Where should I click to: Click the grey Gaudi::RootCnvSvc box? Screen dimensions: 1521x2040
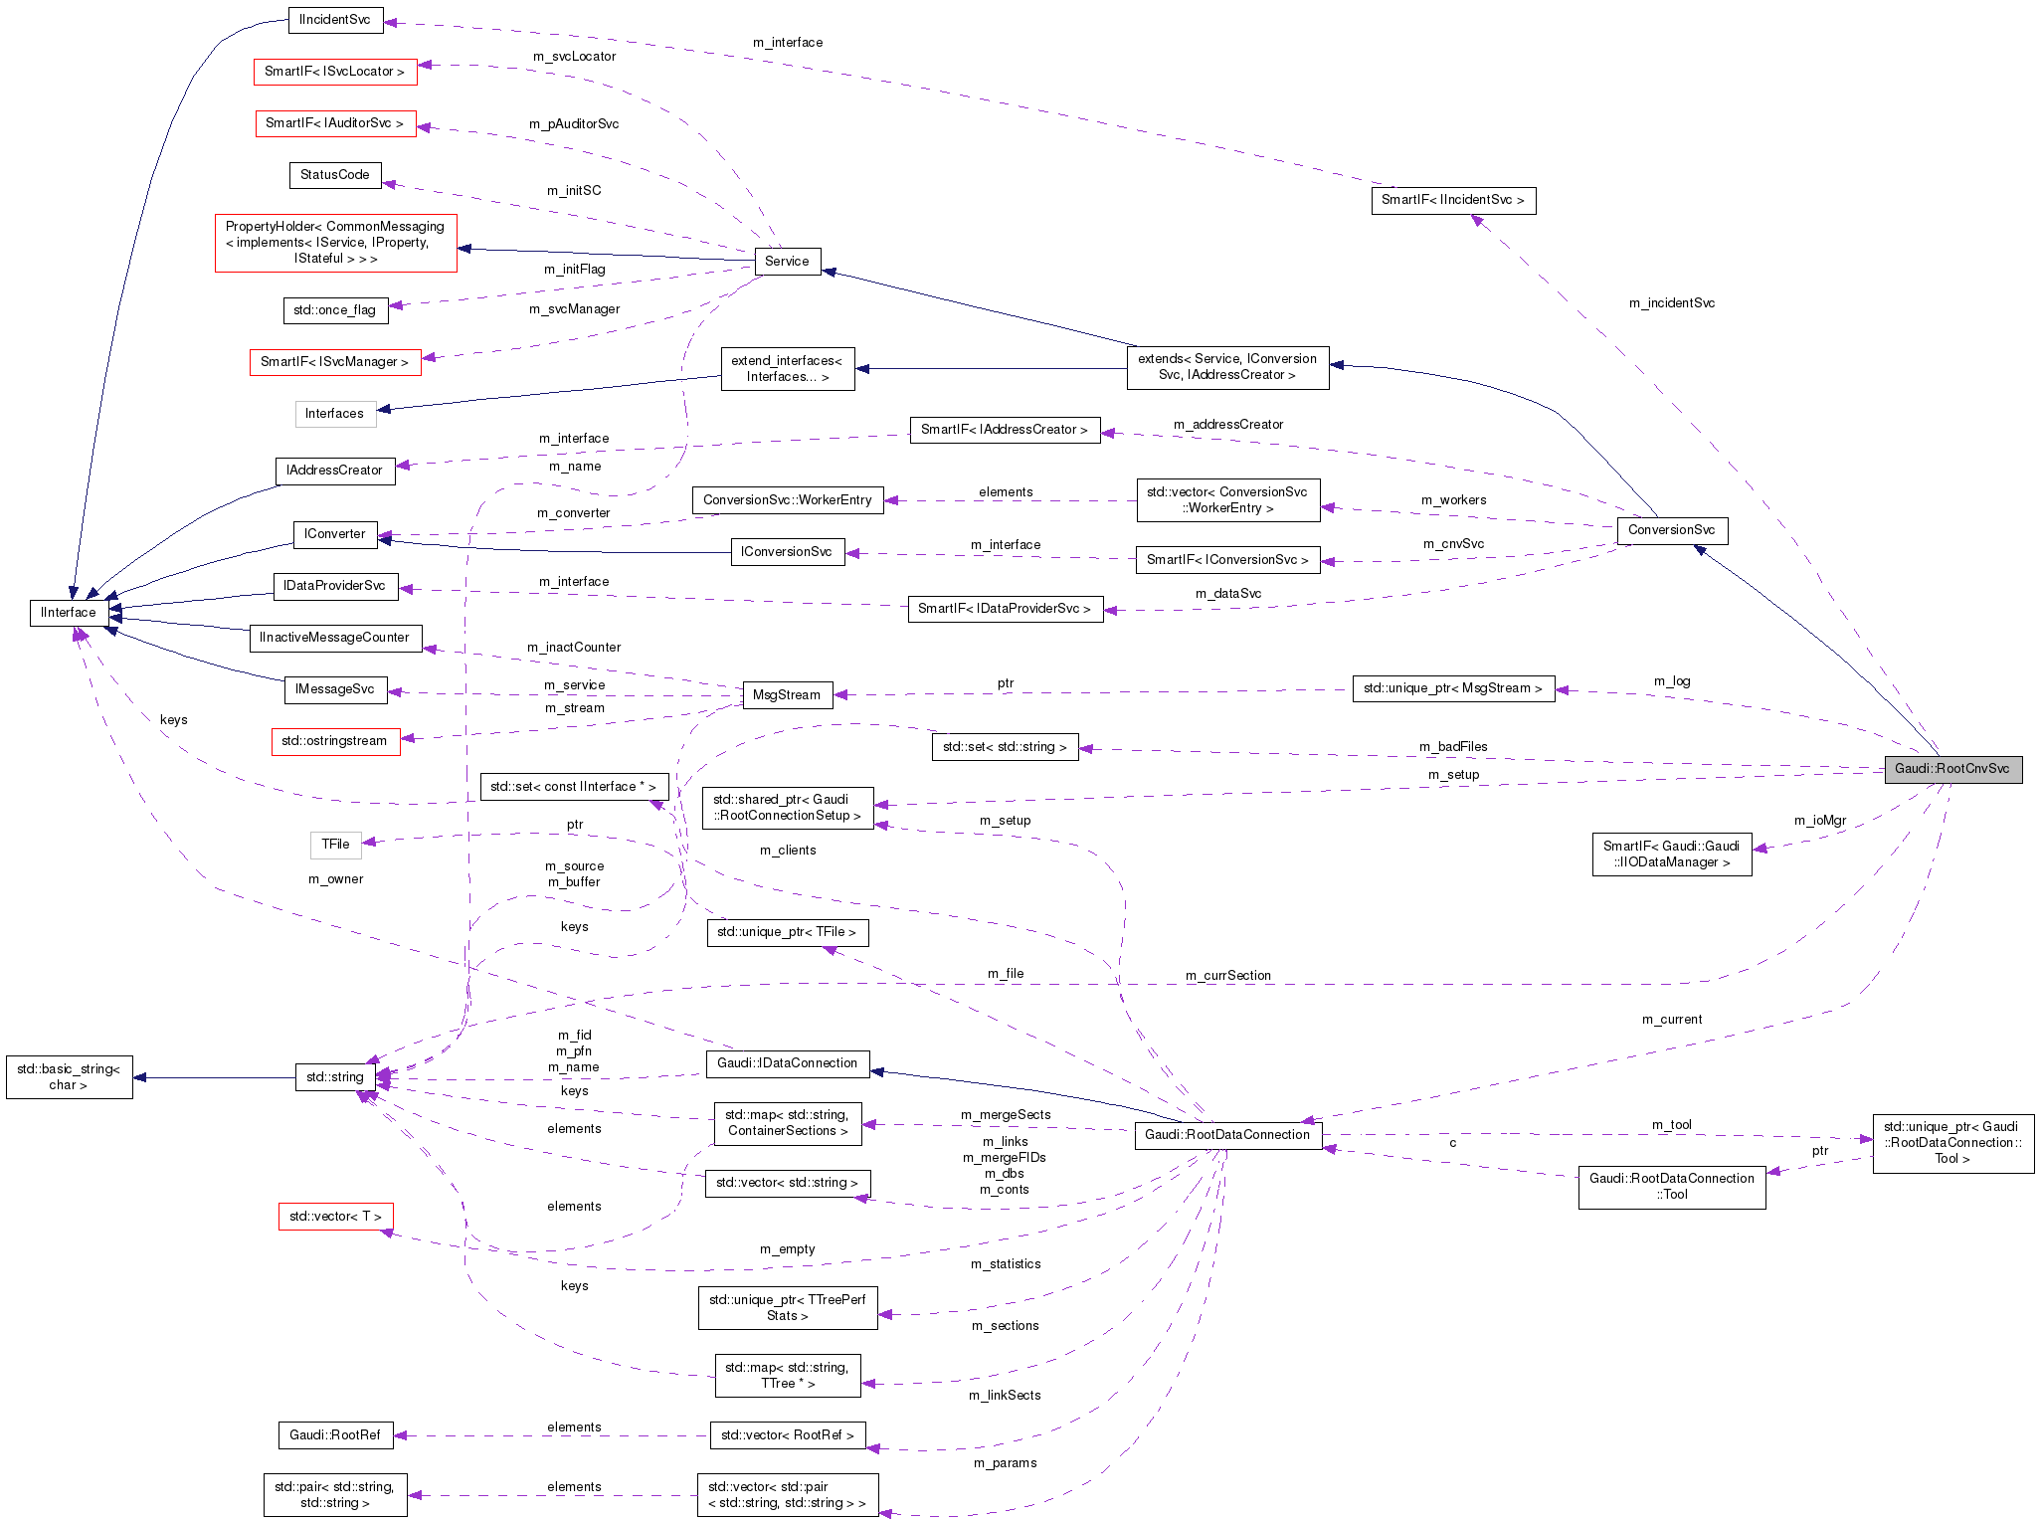1951,769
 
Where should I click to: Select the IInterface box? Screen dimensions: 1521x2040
69,613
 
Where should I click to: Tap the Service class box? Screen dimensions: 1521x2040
787,262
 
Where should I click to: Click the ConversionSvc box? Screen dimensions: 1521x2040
1671,530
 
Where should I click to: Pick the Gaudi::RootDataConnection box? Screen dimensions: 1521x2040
1226,1135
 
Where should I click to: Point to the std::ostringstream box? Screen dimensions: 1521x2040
334,741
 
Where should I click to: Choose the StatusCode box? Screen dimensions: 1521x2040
334,175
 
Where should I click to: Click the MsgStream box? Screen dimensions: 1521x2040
786,695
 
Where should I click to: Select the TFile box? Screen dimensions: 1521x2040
335,845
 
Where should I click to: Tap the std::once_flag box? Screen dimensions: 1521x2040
334,310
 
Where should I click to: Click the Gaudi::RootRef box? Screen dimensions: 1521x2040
334,1435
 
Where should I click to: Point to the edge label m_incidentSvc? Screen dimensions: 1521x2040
1671,303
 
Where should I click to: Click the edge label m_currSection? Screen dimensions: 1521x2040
1227,976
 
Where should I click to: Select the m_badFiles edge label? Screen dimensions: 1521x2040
1453,747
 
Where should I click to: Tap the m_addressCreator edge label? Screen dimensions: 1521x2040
1227,425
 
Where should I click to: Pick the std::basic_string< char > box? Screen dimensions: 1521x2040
69,1077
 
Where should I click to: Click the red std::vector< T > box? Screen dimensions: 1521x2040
335,1217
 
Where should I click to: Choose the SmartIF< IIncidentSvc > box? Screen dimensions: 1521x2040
1452,200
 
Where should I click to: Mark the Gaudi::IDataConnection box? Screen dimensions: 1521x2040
787,1063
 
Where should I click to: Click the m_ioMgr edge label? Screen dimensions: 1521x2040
1819,821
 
